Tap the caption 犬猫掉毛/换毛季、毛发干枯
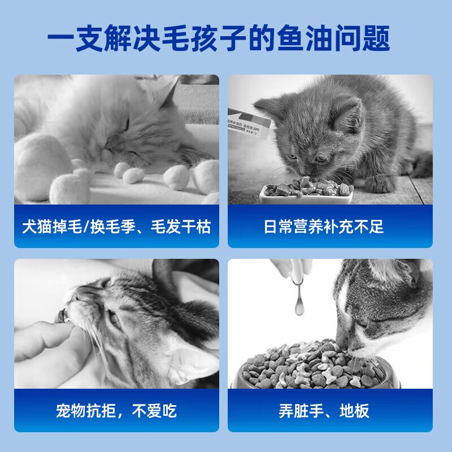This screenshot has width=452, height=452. point(116,227)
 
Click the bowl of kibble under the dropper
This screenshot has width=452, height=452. point(316,367)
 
